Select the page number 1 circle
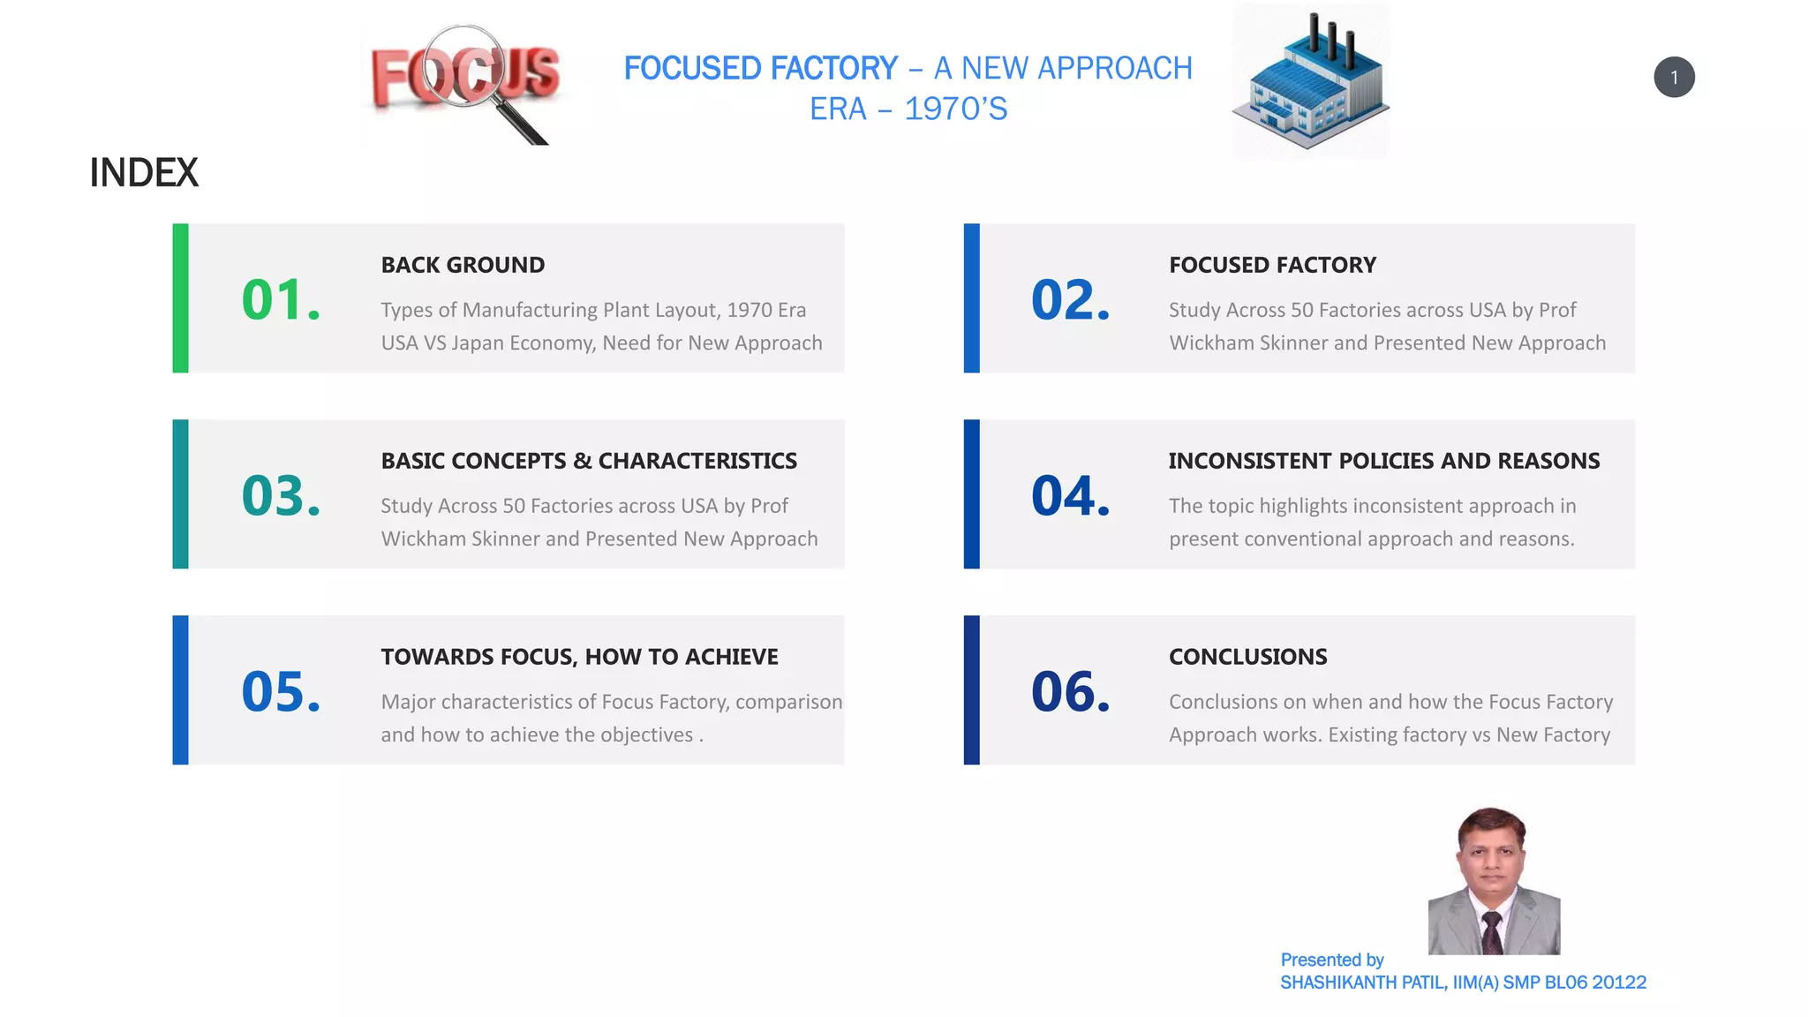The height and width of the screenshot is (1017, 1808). click(x=1674, y=78)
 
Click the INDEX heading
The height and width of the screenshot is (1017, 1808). click(x=144, y=173)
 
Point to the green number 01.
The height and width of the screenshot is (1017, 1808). click(x=280, y=300)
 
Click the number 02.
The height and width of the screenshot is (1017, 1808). click(x=1070, y=300)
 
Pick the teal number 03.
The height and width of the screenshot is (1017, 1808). click(x=280, y=496)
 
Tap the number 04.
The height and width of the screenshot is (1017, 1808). click(x=1070, y=496)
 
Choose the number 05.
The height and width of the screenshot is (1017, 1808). click(x=280, y=692)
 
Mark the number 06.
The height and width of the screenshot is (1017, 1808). click(x=1070, y=692)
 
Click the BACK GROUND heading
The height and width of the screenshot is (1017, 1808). click(x=463, y=265)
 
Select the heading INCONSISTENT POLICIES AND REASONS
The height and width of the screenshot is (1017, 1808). click(x=1383, y=461)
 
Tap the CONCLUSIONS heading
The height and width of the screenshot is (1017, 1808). click(x=1247, y=657)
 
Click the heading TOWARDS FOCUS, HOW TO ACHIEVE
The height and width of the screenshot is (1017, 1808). click(x=579, y=657)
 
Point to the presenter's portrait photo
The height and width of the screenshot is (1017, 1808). click(x=1494, y=881)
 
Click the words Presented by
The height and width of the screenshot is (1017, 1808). click(x=1331, y=960)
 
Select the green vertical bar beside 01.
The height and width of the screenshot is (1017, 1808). click(x=180, y=298)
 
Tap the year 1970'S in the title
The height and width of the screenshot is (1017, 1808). click(x=955, y=109)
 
